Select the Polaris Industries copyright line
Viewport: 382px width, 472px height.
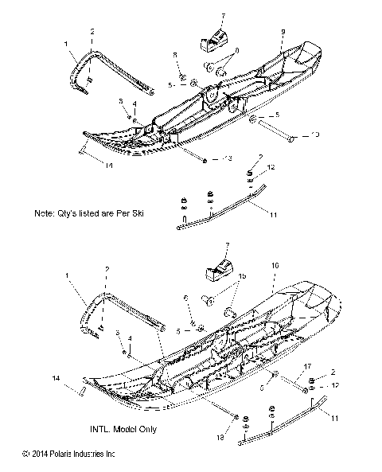[70, 454]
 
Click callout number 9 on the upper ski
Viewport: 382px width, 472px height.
[282, 32]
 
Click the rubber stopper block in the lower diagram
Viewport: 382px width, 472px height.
[220, 271]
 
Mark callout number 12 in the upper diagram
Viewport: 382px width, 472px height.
[271, 168]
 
